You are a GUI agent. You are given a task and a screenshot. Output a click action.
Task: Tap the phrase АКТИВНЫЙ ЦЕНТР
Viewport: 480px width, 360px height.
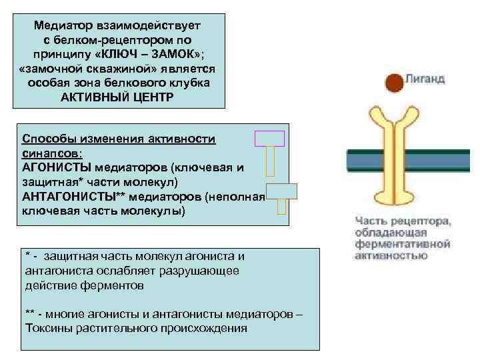pos(119,96)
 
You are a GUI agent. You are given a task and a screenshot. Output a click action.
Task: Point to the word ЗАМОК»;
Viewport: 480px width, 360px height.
pos(173,53)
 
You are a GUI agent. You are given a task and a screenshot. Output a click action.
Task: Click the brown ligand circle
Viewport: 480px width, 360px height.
pos(395,81)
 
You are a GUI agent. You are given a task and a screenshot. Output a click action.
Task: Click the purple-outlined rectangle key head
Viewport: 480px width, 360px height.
pos(270,139)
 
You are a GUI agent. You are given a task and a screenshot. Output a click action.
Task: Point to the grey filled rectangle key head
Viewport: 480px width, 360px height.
pos(281,191)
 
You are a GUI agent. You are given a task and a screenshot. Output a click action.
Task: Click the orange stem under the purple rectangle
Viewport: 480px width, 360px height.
pos(270,163)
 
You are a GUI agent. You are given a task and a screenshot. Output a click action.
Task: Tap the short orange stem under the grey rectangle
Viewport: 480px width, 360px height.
pos(281,207)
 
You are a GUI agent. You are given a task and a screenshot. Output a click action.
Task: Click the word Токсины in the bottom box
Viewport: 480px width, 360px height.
pos(47,328)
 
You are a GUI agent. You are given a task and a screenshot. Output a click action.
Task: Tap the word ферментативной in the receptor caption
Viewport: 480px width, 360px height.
pos(403,243)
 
